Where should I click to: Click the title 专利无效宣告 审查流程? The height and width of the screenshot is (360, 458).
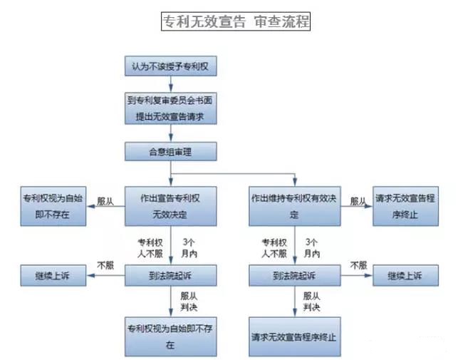[x=236, y=21]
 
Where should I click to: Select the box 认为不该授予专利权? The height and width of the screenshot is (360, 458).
[x=170, y=66]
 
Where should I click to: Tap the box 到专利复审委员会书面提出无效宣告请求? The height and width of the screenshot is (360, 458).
[x=170, y=108]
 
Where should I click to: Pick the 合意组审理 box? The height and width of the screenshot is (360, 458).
[x=170, y=151]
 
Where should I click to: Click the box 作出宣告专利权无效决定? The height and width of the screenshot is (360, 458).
[x=170, y=205]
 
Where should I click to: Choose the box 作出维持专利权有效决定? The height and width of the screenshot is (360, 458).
[x=293, y=205]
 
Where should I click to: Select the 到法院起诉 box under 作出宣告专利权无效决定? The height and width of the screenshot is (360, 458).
[x=170, y=274]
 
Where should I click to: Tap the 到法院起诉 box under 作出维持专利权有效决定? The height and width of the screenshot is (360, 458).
[x=293, y=274]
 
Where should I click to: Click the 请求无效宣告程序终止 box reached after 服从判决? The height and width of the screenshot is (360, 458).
[x=293, y=336]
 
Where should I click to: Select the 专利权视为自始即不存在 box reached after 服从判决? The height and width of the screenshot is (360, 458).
[x=170, y=336]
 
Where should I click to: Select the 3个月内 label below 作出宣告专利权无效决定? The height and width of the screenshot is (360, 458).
[x=189, y=247]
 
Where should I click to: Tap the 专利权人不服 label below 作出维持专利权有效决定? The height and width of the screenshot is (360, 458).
[x=274, y=247]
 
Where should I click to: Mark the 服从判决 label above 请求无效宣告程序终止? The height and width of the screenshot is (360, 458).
[x=311, y=300]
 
